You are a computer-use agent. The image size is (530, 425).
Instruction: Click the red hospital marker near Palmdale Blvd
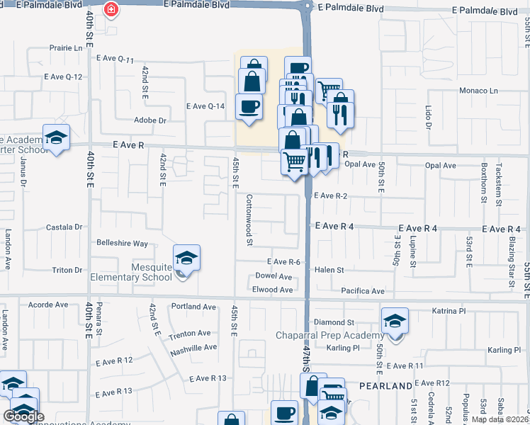pos(111,10)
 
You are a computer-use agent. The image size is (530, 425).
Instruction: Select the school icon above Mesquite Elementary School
pos(186,258)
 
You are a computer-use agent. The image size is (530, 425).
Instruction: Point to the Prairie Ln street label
pos(66,48)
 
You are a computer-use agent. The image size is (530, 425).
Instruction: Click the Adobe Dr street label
pos(150,120)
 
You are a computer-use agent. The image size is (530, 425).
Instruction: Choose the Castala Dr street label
pos(64,227)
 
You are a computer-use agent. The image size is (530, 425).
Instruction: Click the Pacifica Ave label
pos(362,291)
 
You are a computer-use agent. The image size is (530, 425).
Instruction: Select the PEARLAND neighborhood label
pos(385,385)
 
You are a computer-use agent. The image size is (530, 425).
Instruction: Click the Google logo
pos(23,416)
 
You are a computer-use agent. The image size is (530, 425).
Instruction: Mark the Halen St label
pos(329,270)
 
